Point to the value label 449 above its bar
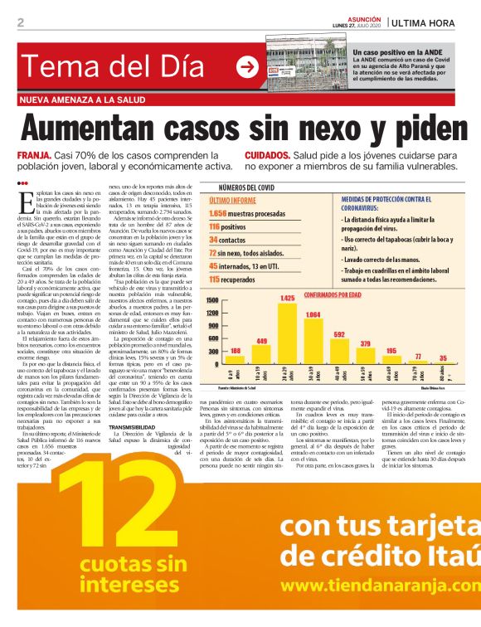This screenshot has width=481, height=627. [261, 341]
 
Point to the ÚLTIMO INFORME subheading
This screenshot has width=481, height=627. [231, 201]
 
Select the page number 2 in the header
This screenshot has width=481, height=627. [19, 22]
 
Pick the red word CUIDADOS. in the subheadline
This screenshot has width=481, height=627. [267, 155]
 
